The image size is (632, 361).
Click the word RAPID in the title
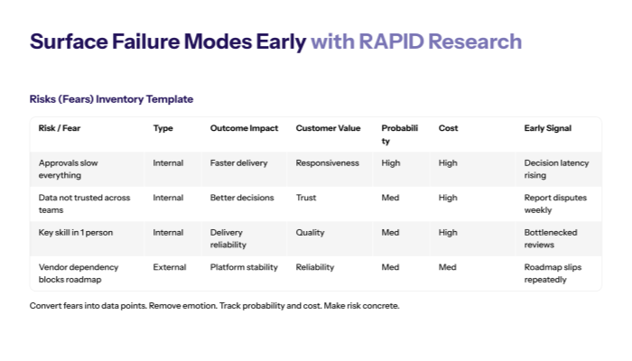(x=389, y=42)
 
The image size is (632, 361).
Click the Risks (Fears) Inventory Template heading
(x=111, y=99)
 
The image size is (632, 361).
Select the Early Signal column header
(x=547, y=128)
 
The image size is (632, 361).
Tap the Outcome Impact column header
(x=244, y=128)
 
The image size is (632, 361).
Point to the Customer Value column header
(x=328, y=128)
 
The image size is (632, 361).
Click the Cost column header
(x=448, y=128)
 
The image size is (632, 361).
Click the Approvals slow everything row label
(x=72, y=169)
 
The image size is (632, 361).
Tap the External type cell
(x=169, y=267)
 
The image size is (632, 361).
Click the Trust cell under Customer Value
(x=306, y=198)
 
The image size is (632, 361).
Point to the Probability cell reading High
(x=391, y=163)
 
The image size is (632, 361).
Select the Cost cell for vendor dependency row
(x=448, y=267)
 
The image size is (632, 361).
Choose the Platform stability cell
(x=244, y=267)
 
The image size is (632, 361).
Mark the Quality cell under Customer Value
(x=310, y=232)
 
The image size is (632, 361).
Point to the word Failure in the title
(x=150, y=42)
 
